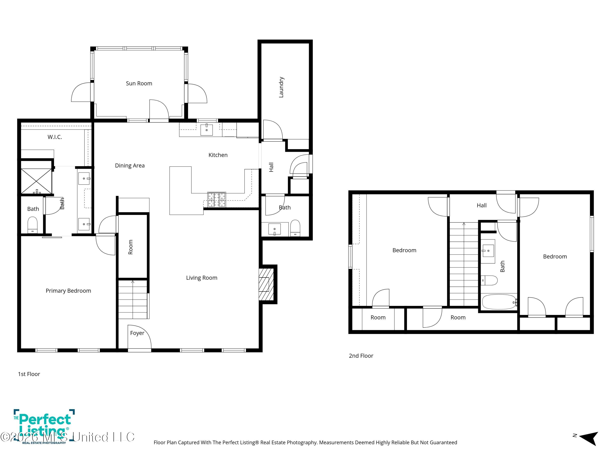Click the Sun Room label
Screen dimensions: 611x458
tap(139, 83)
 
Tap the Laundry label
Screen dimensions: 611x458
tap(281, 87)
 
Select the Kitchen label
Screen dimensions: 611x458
tap(218, 155)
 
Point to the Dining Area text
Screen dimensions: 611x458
tap(130, 166)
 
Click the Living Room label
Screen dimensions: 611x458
tap(202, 278)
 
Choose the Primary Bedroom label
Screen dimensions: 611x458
tap(68, 291)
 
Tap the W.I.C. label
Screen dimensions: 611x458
tap(55, 137)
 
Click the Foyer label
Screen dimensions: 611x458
tap(137, 333)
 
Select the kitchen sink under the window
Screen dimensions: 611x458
tap(207, 130)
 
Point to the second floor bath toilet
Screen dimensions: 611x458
tap(489, 280)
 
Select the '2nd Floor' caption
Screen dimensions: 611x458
tap(361, 356)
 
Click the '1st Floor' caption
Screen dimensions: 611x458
tap(29, 374)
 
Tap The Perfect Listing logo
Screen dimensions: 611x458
tap(44, 426)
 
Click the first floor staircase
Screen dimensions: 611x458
tap(133, 300)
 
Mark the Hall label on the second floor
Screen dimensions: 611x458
tap(482, 205)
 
